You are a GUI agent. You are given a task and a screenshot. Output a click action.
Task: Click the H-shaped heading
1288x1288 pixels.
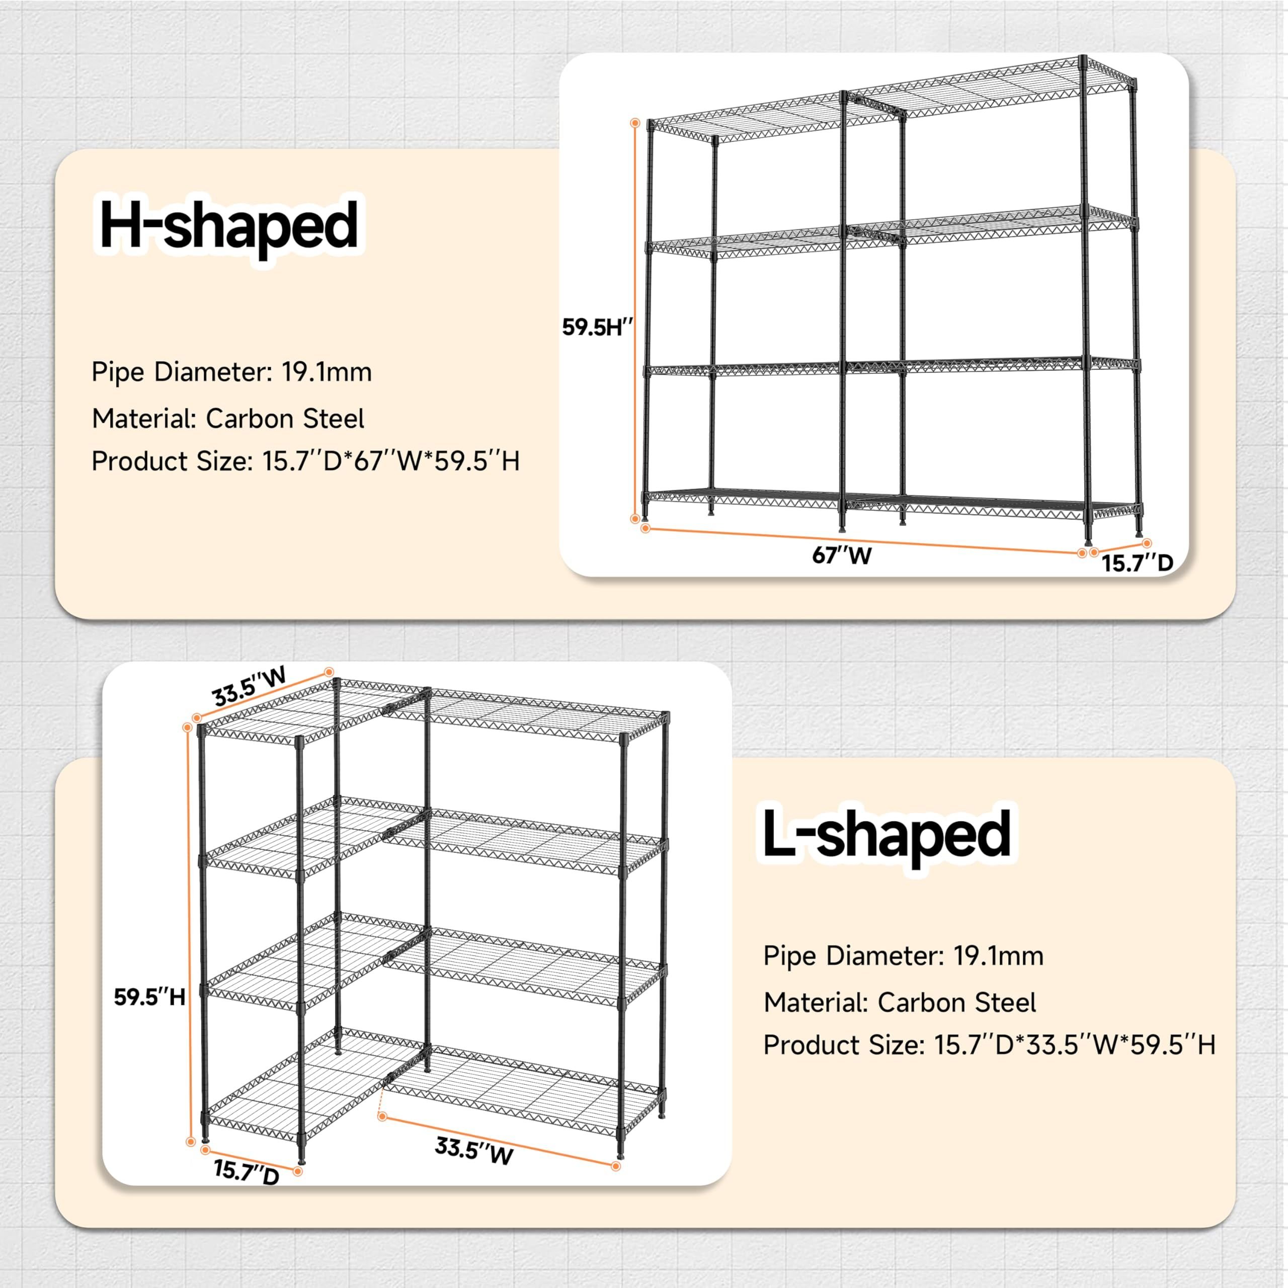coord(228,227)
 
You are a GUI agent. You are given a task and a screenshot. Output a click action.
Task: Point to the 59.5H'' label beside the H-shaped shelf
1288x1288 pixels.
coord(597,328)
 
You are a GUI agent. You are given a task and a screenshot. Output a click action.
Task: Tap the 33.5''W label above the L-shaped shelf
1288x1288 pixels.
coord(250,687)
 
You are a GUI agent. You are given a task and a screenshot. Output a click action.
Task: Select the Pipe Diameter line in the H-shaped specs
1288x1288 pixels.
coord(231,372)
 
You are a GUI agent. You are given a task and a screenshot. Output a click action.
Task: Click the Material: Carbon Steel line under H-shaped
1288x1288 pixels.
coord(228,419)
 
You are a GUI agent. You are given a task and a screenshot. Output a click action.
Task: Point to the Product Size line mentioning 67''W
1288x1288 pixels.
coord(305,461)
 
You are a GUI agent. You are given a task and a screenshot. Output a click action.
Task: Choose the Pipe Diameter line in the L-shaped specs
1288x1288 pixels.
coord(903,956)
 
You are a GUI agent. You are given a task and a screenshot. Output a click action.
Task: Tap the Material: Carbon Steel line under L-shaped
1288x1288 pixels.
coord(900,1003)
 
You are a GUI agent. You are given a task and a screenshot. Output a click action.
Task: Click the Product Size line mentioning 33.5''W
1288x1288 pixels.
coord(989,1044)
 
